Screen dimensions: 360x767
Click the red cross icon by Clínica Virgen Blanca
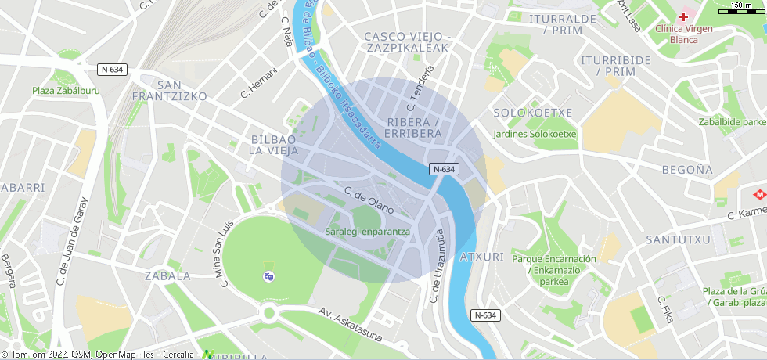pos(683,16)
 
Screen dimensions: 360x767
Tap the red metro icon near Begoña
pos(758,194)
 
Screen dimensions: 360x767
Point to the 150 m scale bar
pos(741,10)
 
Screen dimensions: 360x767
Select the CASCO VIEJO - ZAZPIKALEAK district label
pos(407,42)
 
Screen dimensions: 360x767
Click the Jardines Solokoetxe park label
pos(535,134)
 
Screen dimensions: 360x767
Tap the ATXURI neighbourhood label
pos(481,257)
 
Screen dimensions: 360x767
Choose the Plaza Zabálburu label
pos(67,91)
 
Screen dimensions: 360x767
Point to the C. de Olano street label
pos(368,198)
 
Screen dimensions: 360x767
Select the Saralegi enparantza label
pos(367,232)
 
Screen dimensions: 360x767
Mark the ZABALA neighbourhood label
pos(167,275)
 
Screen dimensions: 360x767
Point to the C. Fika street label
pos(665,310)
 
